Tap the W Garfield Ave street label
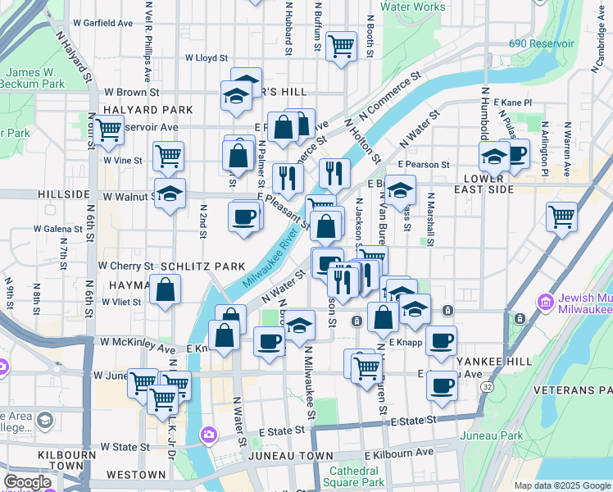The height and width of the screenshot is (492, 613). (x=102, y=23)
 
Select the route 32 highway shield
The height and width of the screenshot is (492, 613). (x=487, y=385)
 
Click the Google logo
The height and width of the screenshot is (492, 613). (x=27, y=482)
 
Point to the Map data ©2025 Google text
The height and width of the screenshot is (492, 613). (x=562, y=485)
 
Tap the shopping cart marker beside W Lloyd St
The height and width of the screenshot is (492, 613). (x=341, y=45)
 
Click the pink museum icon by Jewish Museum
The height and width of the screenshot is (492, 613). (x=546, y=303)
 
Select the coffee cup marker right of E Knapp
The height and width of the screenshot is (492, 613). (x=441, y=339)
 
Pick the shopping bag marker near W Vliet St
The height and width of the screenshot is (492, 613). (x=165, y=289)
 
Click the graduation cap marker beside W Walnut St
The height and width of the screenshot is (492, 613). (x=170, y=194)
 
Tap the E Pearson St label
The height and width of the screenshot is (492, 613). (x=424, y=165)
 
